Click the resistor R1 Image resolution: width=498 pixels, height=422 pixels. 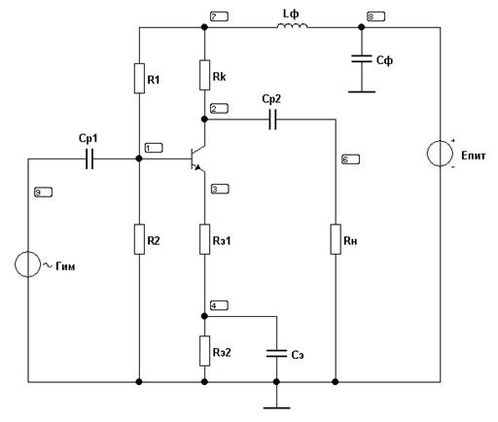[x=139, y=79]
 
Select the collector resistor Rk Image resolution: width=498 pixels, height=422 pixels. [x=204, y=75]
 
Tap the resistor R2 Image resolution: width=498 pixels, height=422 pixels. [x=139, y=239]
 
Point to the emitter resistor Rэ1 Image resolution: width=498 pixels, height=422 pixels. [x=204, y=239]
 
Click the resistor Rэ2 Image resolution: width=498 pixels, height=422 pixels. [x=204, y=351]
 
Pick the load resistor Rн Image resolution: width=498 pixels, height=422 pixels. [x=336, y=239]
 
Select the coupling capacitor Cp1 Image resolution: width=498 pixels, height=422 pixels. [x=89, y=158]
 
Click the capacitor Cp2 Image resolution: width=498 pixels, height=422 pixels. [x=273, y=120]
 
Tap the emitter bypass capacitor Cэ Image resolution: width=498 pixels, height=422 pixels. [x=276, y=354]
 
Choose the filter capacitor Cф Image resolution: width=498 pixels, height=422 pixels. [x=362, y=58]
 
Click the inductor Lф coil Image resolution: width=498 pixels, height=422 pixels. [x=292, y=25]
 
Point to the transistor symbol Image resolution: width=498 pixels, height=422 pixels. [x=197, y=158]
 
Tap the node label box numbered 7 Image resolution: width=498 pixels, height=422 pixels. [x=219, y=17]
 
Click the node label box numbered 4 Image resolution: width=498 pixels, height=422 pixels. [x=220, y=305]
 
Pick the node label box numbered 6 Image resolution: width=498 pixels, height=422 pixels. [x=351, y=159]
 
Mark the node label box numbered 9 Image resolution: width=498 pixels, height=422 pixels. [x=43, y=193]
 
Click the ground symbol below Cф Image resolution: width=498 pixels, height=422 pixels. [x=362, y=92]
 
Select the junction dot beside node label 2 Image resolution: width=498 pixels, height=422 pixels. [x=204, y=120]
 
